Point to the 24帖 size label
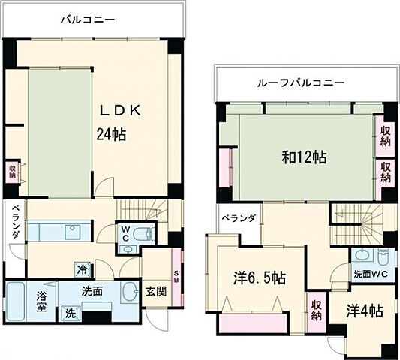click(110, 135)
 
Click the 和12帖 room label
click(302, 157)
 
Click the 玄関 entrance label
click(155, 290)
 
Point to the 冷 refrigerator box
click(81, 268)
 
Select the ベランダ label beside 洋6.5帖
click(239, 218)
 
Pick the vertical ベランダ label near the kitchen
click(15, 223)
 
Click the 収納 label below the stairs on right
click(315, 310)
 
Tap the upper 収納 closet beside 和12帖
click(385, 136)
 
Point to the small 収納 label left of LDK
click(12, 171)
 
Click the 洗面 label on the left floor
click(92, 291)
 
